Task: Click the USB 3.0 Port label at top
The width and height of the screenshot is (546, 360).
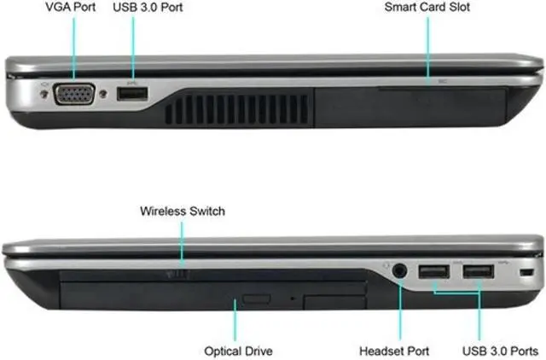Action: coord(147,8)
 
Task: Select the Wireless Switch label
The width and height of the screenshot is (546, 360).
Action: coord(183,211)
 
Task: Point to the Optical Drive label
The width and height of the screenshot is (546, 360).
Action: coord(238,350)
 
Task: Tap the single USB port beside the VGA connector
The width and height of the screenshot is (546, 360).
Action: coord(133,93)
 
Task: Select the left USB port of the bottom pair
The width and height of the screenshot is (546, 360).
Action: coord(433,273)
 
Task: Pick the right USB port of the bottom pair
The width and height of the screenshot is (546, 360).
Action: coord(478,273)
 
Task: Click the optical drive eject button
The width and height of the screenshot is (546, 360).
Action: coord(256,300)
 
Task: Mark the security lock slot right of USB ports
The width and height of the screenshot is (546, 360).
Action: coord(526,272)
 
